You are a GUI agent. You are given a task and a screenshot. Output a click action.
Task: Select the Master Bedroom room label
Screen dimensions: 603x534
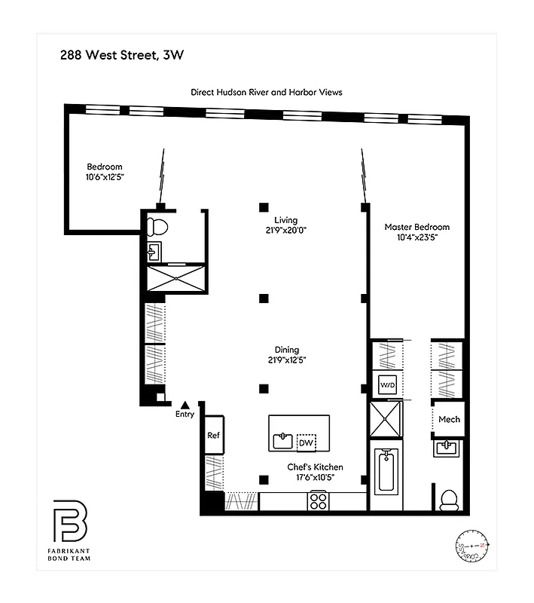pyautogui.click(x=417, y=227)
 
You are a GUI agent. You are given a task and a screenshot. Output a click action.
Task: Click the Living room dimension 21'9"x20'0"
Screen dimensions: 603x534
pyautogui.click(x=286, y=231)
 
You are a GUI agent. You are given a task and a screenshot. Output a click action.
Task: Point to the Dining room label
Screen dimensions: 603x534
pyautogui.click(x=286, y=350)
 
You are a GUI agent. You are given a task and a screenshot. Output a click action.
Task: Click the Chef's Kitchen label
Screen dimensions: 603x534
pyautogui.click(x=315, y=467)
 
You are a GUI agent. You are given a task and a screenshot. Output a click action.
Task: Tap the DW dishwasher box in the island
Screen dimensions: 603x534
pyautogui.click(x=306, y=442)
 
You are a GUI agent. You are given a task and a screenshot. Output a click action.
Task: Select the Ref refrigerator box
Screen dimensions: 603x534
pyautogui.click(x=213, y=436)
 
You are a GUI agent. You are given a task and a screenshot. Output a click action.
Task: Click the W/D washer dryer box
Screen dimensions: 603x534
pyautogui.click(x=386, y=385)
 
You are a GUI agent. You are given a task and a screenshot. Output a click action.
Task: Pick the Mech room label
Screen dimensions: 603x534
pyautogui.click(x=449, y=420)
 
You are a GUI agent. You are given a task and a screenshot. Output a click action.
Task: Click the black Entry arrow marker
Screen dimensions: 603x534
pyautogui.click(x=185, y=405)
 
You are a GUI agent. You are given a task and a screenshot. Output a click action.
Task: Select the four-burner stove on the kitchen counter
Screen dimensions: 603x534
pyautogui.click(x=319, y=500)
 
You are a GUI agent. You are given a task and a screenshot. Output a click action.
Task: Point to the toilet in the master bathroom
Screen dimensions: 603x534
pyautogui.click(x=449, y=499)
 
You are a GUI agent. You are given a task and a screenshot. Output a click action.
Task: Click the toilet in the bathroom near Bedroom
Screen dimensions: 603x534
pyautogui.click(x=157, y=225)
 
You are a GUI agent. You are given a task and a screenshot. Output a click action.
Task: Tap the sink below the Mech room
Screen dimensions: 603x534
pyautogui.click(x=449, y=449)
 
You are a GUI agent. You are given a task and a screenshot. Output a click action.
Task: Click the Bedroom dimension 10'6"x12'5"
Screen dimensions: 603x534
pyautogui.click(x=104, y=177)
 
